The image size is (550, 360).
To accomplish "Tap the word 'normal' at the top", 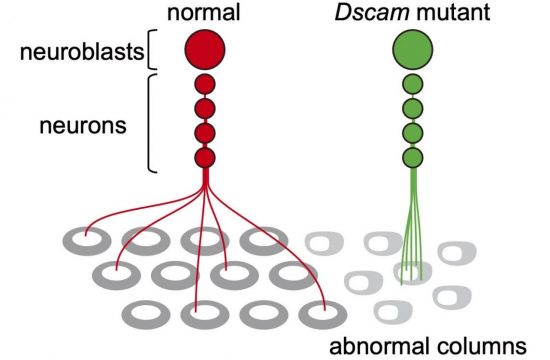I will pos(204,12).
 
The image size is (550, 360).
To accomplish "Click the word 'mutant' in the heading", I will pos(451,12).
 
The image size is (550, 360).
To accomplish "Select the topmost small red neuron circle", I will pos(204,84).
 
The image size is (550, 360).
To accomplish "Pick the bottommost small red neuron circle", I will pos(204,157).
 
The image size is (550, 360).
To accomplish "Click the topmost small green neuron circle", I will pos(412,84).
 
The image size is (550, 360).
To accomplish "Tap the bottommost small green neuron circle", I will pos(412,157).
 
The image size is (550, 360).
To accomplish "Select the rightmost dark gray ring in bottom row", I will pos(320,312).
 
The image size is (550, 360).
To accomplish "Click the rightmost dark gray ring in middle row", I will pos(290,275).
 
